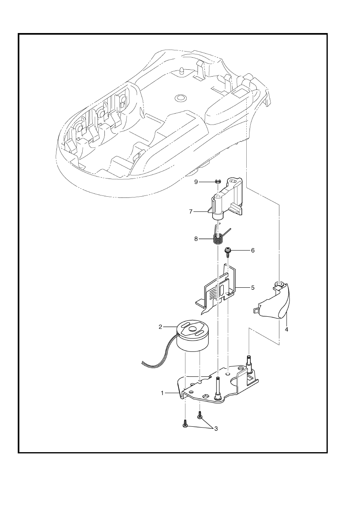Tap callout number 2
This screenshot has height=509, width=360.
pos(160,327)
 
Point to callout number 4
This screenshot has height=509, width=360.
pos(286,329)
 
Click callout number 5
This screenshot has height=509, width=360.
pos(252,288)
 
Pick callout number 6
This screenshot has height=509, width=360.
pos(252,250)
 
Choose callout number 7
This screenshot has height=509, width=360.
pos(191,212)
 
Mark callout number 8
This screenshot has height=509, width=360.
pos(196,239)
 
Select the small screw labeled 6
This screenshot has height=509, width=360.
pos(227,252)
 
